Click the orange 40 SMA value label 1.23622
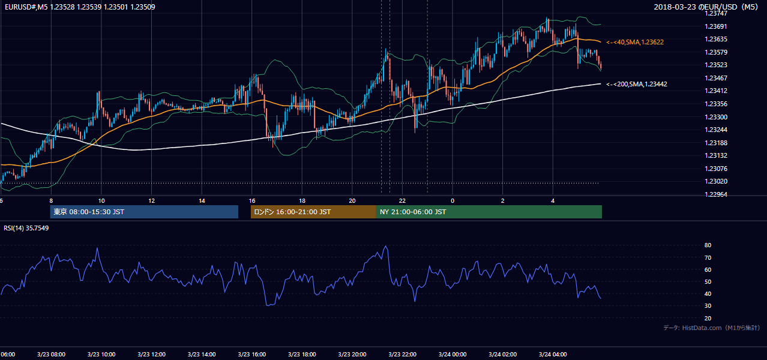click(x=635, y=42)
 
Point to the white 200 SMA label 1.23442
click(x=637, y=84)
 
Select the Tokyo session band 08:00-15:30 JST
click(x=144, y=212)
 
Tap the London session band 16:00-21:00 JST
click(x=313, y=212)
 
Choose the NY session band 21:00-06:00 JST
click(x=489, y=212)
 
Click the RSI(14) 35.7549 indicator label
click(x=26, y=228)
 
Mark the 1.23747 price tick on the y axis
click(x=715, y=13)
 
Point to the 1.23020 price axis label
click(x=715, y=181)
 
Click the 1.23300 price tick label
click(x=715, y=117)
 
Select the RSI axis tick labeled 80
click(x=708, y=245)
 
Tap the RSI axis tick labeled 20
click(x=708, y=318)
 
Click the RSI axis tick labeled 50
click(x=708, y=281)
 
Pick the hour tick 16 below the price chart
click(x=252, y=201)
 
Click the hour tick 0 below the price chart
click(x=453, y=201)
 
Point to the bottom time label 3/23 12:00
click(x=151, y=354)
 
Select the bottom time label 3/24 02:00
click(x=502, y=354)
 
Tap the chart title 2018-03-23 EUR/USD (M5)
click(x=706, y=7)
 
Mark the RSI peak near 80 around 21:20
click(x=387, y=246)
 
